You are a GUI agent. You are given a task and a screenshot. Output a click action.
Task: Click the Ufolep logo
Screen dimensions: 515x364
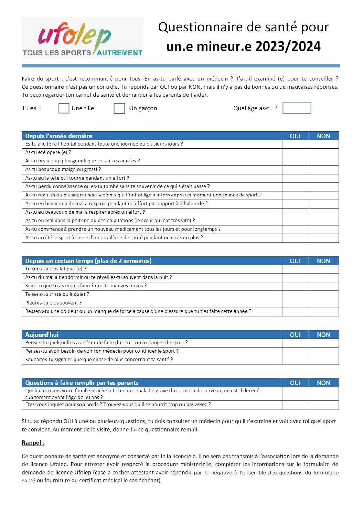pos(83,38)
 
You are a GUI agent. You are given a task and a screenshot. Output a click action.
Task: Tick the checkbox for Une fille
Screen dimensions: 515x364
pos(64,108)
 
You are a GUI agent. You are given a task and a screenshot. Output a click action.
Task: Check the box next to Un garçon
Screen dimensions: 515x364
pos(119,108)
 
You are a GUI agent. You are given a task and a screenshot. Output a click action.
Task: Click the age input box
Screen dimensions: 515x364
pos(297,108)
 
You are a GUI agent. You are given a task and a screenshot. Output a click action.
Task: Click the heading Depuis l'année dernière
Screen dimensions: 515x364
pos(58,136)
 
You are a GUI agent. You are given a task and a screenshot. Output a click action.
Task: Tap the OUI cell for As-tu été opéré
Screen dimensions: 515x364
pos(295,152)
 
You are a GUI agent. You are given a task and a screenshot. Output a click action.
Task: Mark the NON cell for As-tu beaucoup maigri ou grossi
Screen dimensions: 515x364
pos(323,170)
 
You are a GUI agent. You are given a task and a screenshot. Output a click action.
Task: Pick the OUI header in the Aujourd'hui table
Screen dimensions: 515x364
pos(295,335)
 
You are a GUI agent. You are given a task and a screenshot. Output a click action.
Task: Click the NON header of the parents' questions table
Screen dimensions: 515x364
pos(323,383)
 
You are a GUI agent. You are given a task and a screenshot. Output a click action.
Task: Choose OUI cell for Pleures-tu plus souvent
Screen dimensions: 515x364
pos(295,303)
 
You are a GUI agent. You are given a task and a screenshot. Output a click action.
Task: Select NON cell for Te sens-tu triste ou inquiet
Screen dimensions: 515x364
pos(323,294)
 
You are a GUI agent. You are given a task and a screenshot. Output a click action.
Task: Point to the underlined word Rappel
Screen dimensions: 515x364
pos(33,443)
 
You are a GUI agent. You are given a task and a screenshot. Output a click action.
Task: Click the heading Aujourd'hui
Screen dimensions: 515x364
pos(42,335)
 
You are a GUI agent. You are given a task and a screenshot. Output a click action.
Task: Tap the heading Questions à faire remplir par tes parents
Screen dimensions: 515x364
pos(82,383)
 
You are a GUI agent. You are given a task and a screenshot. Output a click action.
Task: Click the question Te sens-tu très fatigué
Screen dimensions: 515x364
pos(56,269)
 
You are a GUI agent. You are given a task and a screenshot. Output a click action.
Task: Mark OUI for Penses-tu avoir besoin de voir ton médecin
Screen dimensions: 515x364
pos(295,351)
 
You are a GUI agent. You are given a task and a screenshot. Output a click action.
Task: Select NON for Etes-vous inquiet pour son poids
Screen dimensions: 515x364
pos(323,405)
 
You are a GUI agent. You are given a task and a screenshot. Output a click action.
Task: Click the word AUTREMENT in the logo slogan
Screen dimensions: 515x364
pos(119,53)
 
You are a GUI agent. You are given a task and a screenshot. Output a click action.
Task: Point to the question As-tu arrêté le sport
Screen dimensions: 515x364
pos(114,238)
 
